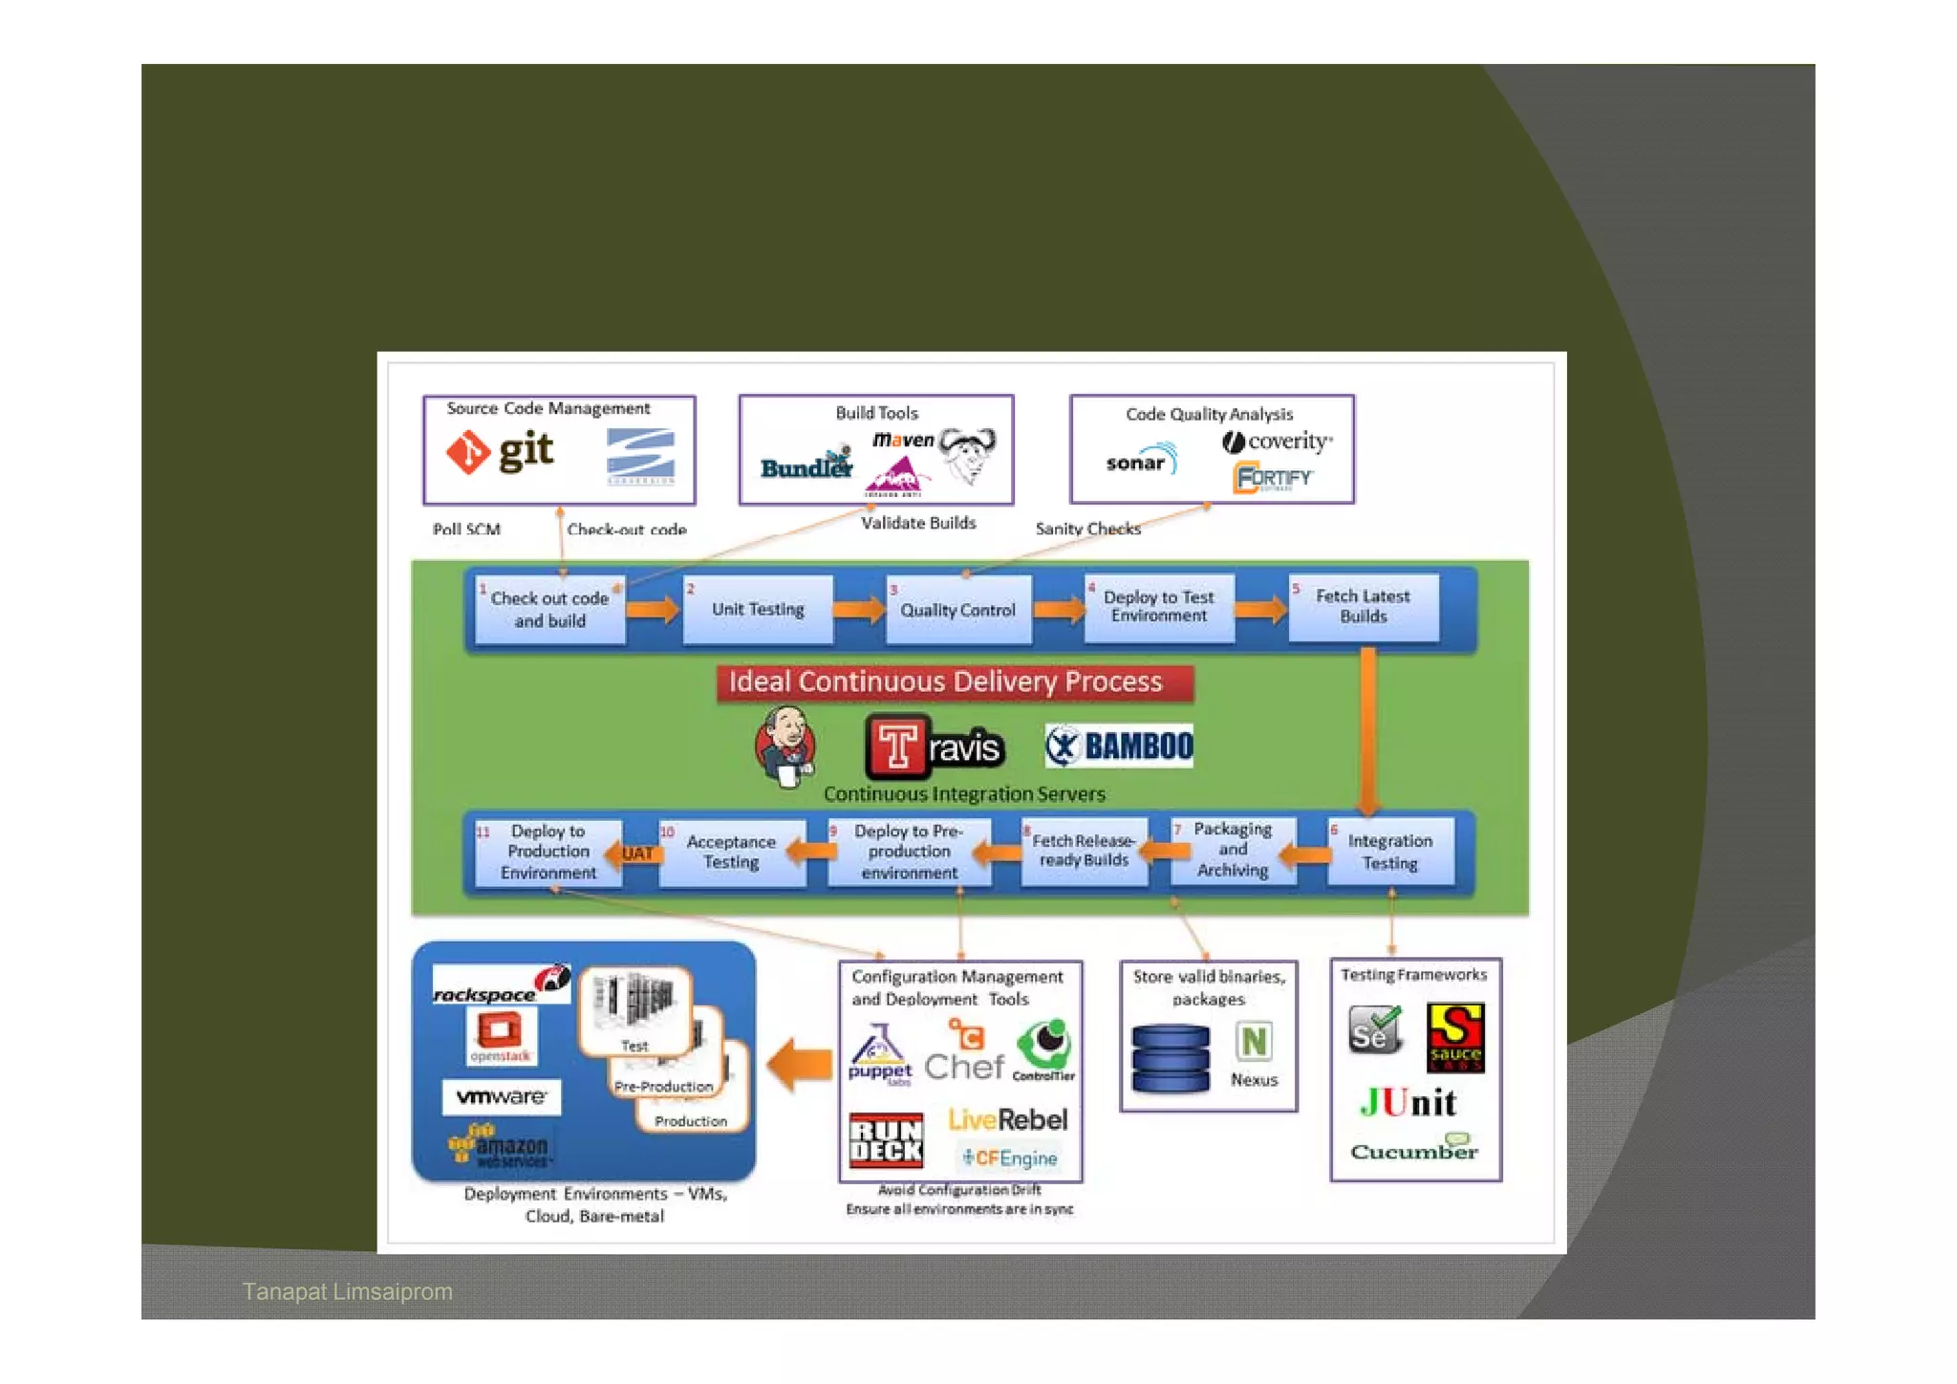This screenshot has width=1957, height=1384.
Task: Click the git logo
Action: (x=500, y=452)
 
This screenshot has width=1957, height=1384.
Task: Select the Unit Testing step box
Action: (x=758, y=609)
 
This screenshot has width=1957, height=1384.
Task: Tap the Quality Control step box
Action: (x=957, y=610)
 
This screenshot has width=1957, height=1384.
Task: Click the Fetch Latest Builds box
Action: (x=1363, y=606)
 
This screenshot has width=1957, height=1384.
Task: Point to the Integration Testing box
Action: (x=1389, y=852)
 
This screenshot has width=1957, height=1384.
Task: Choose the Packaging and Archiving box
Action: (x=1233, y=850)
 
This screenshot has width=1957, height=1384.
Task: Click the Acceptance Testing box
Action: (x=731, y=852)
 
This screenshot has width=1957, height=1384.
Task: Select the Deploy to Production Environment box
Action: (x=548, y=852)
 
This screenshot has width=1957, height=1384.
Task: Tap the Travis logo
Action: (x=935, y=746)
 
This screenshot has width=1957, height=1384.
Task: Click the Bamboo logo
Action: (x=1119, y=746)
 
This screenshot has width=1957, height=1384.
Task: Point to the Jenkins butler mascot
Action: (x=785, y=746)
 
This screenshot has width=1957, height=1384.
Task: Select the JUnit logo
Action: (x=1408, y=1103)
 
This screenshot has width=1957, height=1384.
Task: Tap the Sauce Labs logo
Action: (x=1454, y=1037)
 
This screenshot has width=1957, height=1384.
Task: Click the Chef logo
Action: (x=964, y=1052)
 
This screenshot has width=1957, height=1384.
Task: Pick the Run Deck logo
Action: (x=886, y=1139)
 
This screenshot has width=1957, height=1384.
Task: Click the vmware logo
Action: (x=502, y=1096)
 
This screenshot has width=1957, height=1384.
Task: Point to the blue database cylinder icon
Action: (x=1170, y=1058)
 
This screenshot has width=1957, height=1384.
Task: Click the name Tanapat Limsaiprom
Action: (x=347, y=1291)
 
